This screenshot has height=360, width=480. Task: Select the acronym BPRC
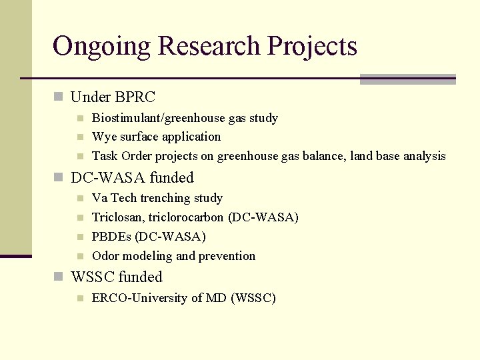[135, 97]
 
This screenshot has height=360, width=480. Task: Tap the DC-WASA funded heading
[132, 177]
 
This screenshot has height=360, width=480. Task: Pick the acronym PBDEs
[111, 237]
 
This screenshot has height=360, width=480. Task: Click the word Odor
[105, 256]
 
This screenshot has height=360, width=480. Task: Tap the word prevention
[227, 256]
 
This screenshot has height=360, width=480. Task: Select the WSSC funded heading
[117, 277]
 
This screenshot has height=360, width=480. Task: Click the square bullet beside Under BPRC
[58, 97]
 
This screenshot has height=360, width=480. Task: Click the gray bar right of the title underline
[407, 79]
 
